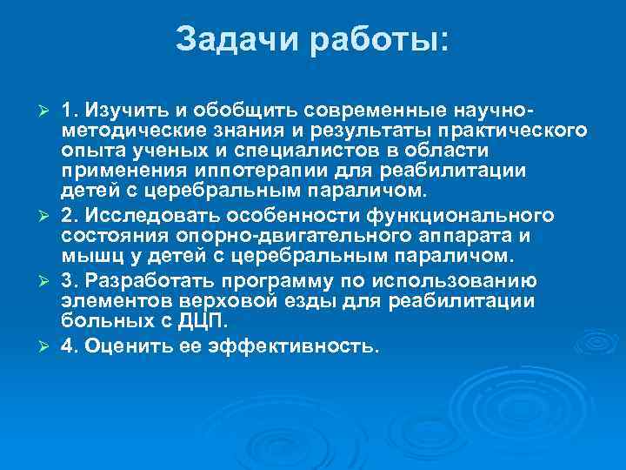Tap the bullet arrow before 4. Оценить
coord(50,347)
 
